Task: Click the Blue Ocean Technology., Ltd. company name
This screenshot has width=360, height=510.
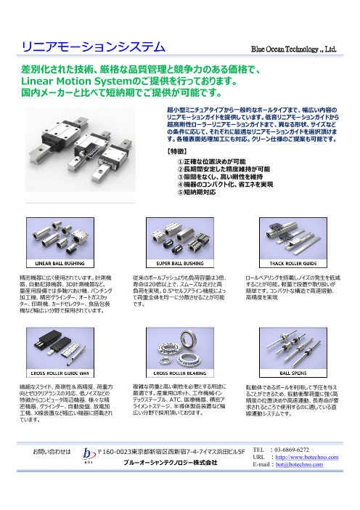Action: point(293,49)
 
